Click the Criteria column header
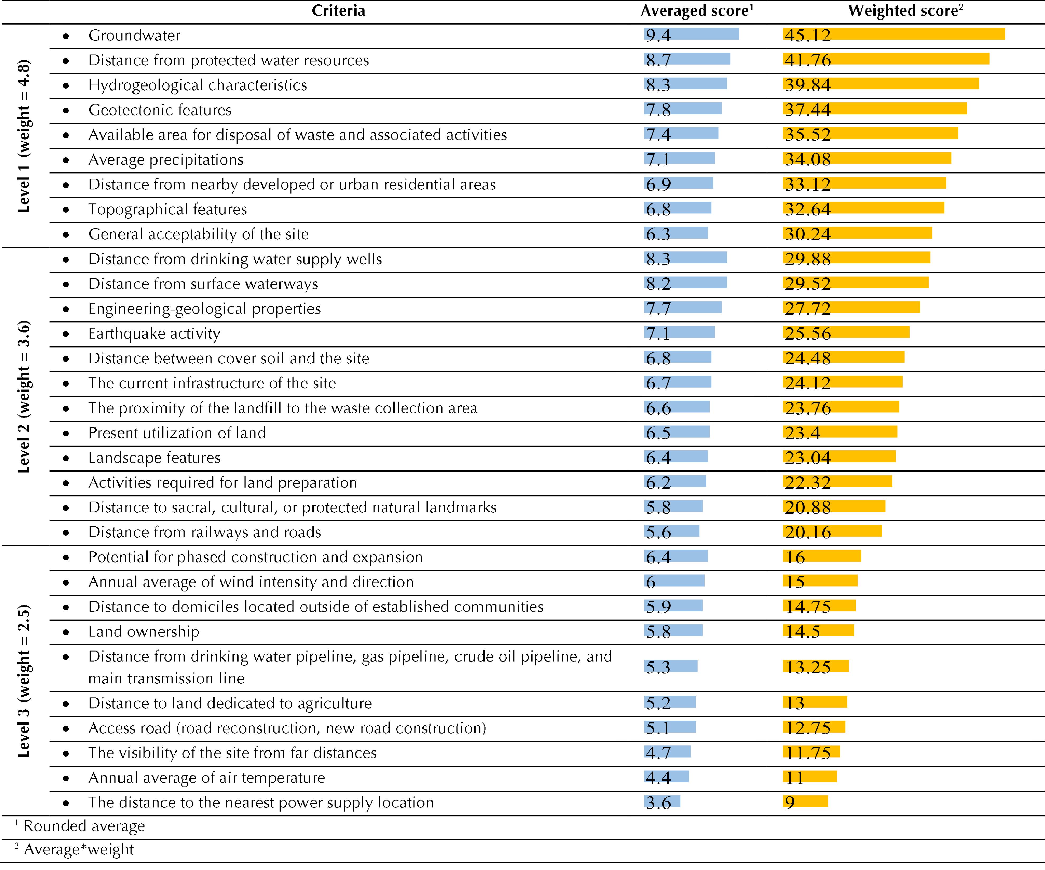(x=338, y=11)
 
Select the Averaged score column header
(x=697, y=11)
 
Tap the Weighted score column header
(x=906, y=11)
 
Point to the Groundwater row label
(x=134, y=35)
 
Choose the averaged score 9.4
(x=658, y=35)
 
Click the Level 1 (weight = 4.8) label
(x=23, y=136)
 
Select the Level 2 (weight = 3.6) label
(x=23, y=397)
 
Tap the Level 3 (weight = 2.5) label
(x=23, y=681)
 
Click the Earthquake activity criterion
(x=154, y=334)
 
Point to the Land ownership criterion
(x=144, y=632)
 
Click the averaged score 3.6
(x=658, y=803)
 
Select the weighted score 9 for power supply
(x=790, y=803)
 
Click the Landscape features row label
(x=154, y=458)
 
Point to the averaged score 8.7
(x=658, y=60)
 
